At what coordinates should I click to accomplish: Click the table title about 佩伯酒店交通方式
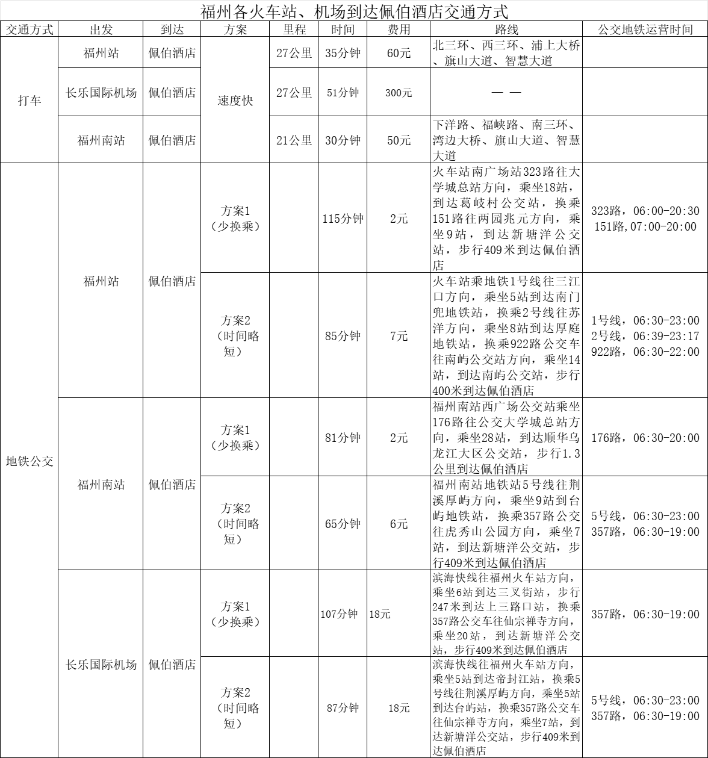[x=354, y=11]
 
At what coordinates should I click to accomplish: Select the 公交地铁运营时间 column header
[x=645, y=30]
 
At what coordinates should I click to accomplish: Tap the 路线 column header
[x=506, y=30]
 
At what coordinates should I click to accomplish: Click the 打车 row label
[x=29, y=101]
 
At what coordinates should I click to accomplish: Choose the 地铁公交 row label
[x=29, y=461]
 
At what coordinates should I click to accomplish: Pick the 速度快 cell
[x=235, y=101]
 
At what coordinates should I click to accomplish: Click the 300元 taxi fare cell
[x=399, y=93]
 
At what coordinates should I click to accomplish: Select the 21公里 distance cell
[x=294, y=140]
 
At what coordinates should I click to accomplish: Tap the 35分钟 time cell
[x=343, y=53]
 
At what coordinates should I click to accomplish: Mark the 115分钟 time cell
[x=343, y=219]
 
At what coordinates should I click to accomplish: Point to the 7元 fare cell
[x=399, y=336]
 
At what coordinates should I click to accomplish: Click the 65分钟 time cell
[x=343, y=524]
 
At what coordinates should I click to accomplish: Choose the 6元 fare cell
[x=399, y=524]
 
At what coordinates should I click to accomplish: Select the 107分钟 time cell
[x=339, y=614]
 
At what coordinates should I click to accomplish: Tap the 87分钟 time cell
[x=343, y=708]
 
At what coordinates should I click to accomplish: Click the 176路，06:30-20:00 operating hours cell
[x=645, y=438]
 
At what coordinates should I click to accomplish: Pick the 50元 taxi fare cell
[x=399, y=140]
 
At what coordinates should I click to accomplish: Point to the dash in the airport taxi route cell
[x=506, y=93]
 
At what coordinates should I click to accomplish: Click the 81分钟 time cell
[x=343, y=438]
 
